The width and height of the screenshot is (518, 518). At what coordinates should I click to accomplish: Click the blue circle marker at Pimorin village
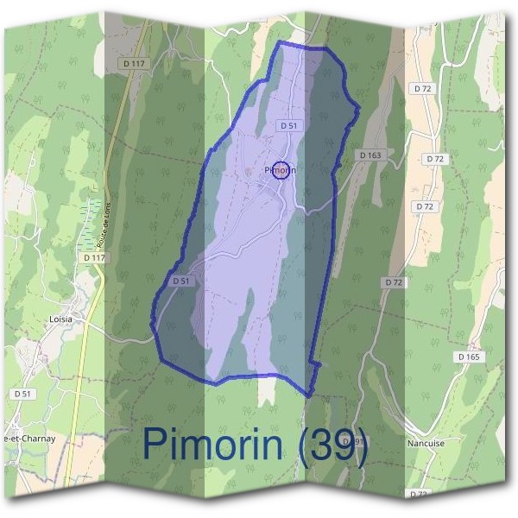pos(281,170)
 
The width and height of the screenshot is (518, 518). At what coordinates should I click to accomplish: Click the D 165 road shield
pos(468,357)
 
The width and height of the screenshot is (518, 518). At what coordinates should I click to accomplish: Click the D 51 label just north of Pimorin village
pos(288,125)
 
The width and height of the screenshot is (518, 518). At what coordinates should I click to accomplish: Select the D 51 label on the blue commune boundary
pos(180,281)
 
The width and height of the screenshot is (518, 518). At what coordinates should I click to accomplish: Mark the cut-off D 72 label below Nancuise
pos(419,493)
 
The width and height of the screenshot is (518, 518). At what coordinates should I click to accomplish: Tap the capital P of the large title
pos(156,444)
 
